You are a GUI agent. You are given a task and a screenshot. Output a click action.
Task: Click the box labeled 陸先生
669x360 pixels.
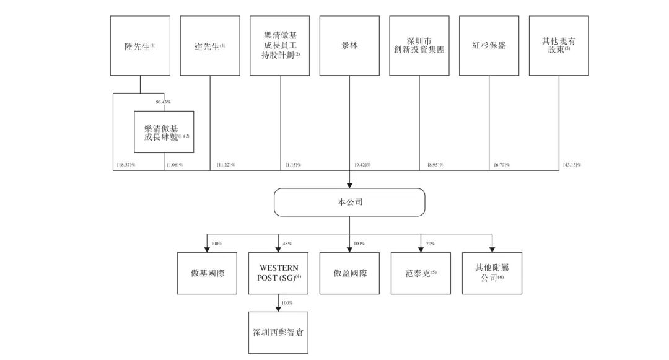point(140,46)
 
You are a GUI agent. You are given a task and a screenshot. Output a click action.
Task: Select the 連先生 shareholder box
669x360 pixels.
point(210,46)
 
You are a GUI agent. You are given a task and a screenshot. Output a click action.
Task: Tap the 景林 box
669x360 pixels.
point(349,46)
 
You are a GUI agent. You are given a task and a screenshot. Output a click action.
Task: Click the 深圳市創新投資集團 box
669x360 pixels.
point(419,46)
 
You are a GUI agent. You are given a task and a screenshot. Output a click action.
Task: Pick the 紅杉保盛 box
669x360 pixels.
point(489,46)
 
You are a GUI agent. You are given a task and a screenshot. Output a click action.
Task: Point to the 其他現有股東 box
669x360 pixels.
point(559,46)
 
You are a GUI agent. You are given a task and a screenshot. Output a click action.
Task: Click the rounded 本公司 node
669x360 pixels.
point(349,202)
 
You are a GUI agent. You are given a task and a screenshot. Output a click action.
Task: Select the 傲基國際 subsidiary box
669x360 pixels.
point(207,273)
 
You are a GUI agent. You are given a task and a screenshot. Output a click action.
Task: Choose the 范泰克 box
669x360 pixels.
point(421,273)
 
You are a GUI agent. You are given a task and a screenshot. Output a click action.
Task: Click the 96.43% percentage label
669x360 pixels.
point(164,102)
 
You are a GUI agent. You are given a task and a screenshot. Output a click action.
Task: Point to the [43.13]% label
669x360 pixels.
point(572,165)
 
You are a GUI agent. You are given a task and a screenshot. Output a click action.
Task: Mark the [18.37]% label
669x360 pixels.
point(126,165)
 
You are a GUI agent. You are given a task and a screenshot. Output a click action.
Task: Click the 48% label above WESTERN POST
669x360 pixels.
point(287,244)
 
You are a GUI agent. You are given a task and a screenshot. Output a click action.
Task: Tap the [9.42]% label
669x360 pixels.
point(362,165)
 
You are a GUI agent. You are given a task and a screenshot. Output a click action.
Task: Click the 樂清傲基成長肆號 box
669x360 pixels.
point(164,132)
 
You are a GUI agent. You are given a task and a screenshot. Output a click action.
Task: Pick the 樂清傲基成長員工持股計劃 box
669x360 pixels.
point(280,46)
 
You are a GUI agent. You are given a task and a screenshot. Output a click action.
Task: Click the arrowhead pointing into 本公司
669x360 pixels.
point(349,185)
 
